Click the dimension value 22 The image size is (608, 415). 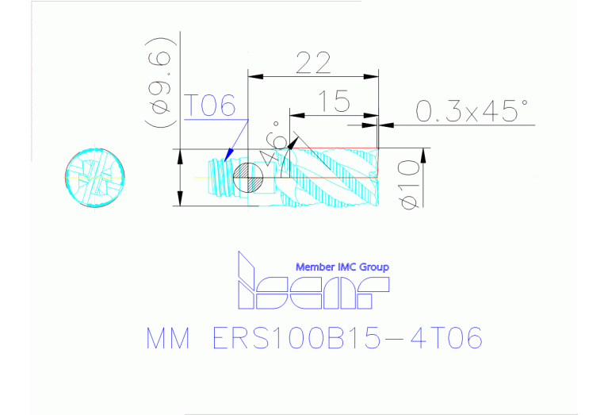(x=312, y=63)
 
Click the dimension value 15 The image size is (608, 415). (x=337, y=101)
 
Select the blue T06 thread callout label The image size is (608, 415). (x=211, y=105)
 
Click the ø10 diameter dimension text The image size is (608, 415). (x=408, y=183)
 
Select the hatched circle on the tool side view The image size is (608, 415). (x=249, y=177)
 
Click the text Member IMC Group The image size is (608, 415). (x=342, y=267)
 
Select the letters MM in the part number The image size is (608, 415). (x=168, y=340)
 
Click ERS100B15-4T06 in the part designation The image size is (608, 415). (x=347, y=340)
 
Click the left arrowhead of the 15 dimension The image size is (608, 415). (x=294, y=125)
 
